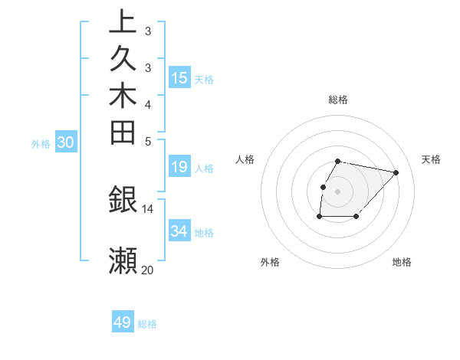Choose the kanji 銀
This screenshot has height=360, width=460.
click(x=123, y=200)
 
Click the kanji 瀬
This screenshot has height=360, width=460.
click(x=123, y=260)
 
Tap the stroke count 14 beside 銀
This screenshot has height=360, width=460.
click(x=148, y=208)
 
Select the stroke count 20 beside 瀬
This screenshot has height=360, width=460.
click(x=148, y=270)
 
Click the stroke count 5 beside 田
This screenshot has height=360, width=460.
click(x=148, y=141)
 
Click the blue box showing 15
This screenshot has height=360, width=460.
click(x=179, y=77)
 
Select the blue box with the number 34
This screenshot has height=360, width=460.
click(x=179, y=231)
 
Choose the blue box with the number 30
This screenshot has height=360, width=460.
click(x=66, y=142)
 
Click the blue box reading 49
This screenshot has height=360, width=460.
click(x=123, y=322)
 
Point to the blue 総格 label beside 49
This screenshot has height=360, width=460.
click(x=147, y=324)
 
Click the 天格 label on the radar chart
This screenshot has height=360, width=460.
click(x=431, y=159)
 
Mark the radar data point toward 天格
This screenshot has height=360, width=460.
click(x=396, y=172)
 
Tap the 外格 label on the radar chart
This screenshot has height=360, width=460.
click(x=270, y=262)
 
